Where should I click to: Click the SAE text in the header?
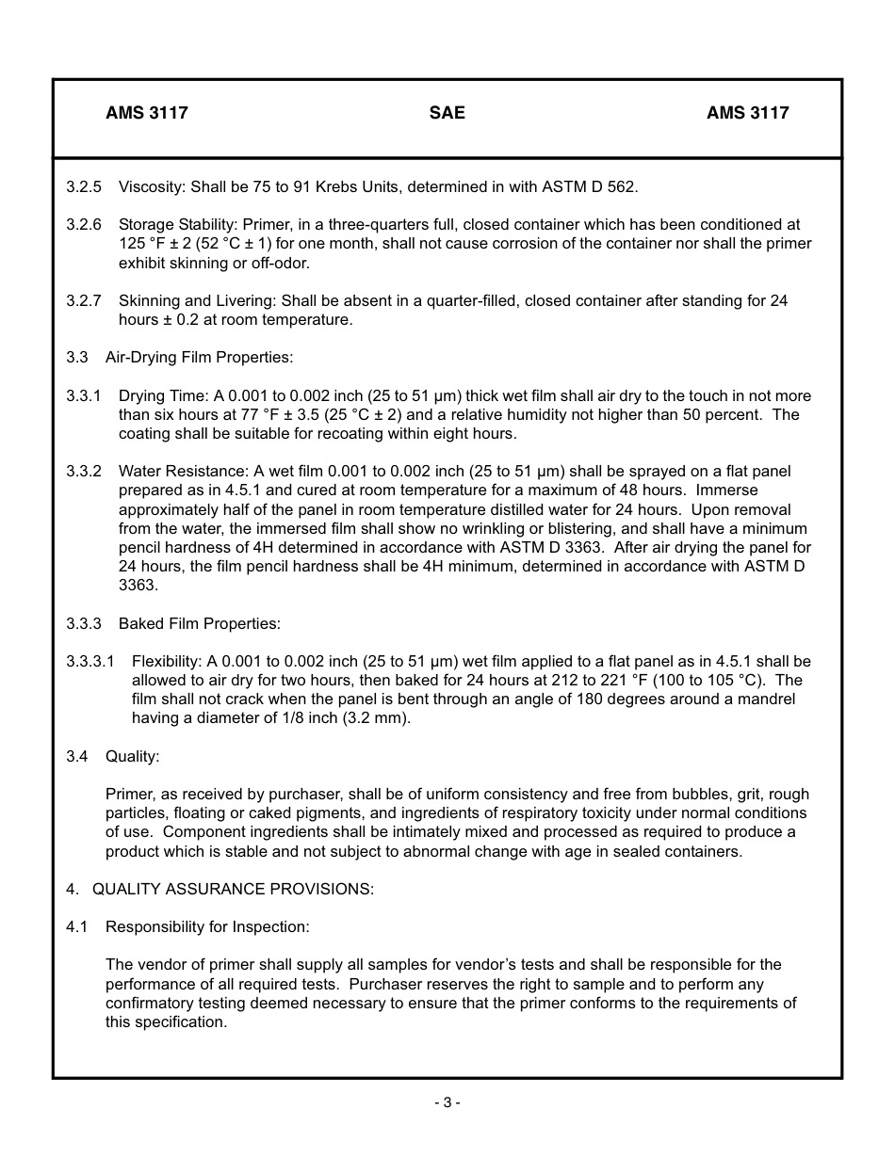tap(447, 113)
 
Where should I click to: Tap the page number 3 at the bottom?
tap(447, 1102)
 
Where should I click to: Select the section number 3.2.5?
tap(84, 186)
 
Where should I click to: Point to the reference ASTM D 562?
tap(589, 186)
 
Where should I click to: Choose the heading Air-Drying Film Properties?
tap(199, 358)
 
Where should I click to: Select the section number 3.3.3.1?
tap(90, 662)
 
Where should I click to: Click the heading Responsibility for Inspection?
tap(207, 927)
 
